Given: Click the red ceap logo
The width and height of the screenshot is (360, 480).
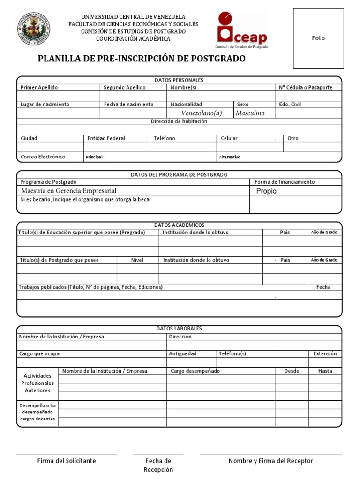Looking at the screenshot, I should pyautogui.click(x=242, y=29).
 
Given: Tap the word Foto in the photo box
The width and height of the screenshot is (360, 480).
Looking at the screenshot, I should pyautogui.click(x=318, y=38).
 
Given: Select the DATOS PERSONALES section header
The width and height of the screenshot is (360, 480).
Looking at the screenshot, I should pyautogui.click(x=179, y=80).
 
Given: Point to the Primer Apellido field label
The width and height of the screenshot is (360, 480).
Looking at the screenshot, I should pyautogui.click(x=39, y=88).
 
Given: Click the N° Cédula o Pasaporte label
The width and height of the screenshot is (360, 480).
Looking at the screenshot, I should pyautogui.click(x=306, y=88).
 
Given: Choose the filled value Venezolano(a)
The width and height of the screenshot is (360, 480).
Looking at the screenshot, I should pyautogui.click(x=202, y=113).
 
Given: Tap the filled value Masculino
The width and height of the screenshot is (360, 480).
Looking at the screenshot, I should pyautogui.click(x=250, y=113).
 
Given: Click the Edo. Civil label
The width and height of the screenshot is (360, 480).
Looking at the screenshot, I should pyautogui.click(x=290, y=105).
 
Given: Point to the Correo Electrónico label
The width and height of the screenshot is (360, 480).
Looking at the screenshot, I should pyautogui.click(x=43, y=157).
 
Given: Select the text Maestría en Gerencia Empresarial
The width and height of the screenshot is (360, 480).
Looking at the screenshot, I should pyautogui.click(x=69, y=191).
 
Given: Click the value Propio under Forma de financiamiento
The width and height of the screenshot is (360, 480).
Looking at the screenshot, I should pyautogui.click(x=266, y=191).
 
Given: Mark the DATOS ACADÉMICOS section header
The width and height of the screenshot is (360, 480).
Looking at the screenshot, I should pyautogui.click(x=179, y=225).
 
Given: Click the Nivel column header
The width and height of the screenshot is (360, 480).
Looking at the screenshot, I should pyautogui.click(x=137, y=260).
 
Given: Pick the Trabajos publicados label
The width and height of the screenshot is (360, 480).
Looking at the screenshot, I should pyautogui.click(x=90, y=287).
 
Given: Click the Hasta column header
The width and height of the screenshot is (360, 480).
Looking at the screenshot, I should pyautogui.click(x=325, y=371).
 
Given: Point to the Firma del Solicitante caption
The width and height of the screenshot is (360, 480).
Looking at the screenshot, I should pyautogui.click(x=67, y=461).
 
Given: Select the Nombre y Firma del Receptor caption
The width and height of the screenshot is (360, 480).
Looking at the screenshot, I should pyautogui.click(x=271, y=461).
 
